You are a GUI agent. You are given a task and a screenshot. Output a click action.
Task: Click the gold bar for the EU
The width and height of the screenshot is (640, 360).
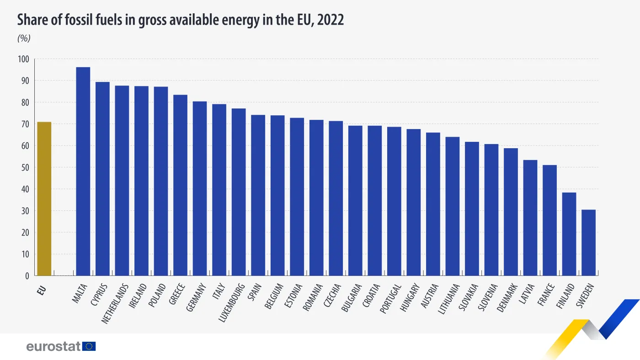point(44,199)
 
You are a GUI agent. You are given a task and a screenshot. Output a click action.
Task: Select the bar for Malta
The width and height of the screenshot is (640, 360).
point(83,172)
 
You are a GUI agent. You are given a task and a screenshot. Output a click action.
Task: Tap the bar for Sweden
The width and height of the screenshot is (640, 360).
point(588,242)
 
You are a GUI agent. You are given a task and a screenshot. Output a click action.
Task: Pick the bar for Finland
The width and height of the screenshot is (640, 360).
point(569,234)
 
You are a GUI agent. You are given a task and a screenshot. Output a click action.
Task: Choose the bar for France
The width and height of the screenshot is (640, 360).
point(549,220)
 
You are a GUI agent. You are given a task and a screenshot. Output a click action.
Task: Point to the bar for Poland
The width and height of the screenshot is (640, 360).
point(160,181)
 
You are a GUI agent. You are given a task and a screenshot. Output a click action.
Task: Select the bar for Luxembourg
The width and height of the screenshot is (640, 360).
point(238,192)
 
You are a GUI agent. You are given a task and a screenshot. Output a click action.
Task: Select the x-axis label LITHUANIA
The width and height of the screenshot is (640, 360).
point(450,299)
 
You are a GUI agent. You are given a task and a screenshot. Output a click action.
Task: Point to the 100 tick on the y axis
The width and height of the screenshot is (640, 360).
point(23,59)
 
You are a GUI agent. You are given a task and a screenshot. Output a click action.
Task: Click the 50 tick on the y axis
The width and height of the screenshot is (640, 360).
point(25,167)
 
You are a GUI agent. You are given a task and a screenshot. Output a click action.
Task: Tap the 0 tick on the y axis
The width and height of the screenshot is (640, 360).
point(27,276)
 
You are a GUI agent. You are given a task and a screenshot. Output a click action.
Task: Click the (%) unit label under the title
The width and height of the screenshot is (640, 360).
point(24,38)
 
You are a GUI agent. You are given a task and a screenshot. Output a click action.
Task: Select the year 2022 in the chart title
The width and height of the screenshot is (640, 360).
point(330,20)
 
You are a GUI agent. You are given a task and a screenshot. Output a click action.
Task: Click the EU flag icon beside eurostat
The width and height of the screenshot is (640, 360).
point(89,346)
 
